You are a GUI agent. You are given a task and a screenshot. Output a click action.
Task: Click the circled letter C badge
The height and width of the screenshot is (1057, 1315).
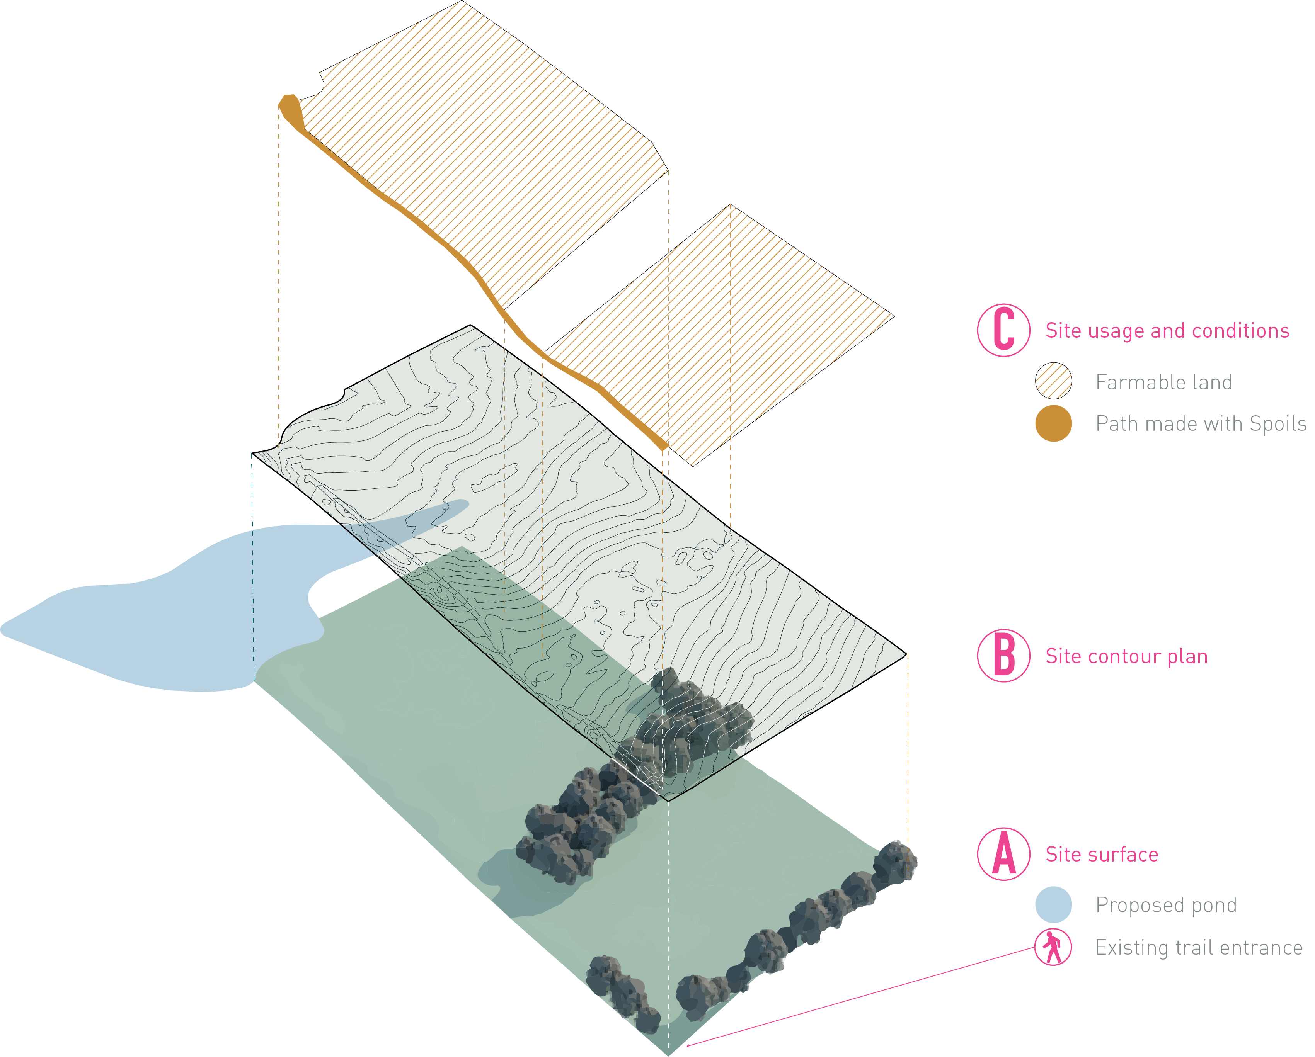pyautogui.click(x=1003, y=330)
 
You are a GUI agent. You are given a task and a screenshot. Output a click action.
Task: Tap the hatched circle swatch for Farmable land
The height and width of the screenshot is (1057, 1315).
pyautogui.click(x=1053, y=381)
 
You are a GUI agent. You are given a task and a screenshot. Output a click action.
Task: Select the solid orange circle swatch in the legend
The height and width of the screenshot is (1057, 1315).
pyautogui.click(x=1053, y=423)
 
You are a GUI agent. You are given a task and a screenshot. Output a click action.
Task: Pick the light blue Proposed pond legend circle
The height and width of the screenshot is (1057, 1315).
pyautogui.click(x=1053, y=905)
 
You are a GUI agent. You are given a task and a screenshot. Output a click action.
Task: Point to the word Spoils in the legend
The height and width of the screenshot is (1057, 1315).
pyautogui.click(x=1278, y=424)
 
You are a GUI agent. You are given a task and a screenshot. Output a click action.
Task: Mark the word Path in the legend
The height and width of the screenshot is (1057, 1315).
pyautogui.click(x=1112, y=424)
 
